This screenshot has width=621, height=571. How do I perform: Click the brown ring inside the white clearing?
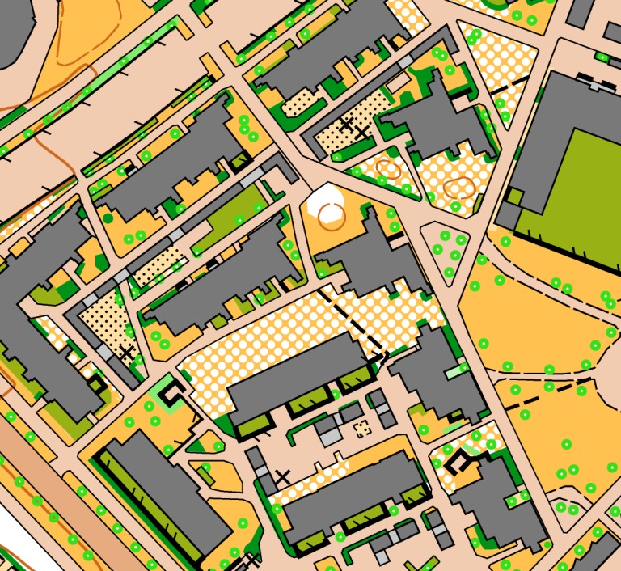330,214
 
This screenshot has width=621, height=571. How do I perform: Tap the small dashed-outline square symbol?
362,428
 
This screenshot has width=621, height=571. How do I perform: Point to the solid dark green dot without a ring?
108,218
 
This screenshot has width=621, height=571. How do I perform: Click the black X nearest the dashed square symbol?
281,476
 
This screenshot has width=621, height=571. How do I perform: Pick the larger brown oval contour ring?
458,188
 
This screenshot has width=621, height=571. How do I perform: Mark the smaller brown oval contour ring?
388,169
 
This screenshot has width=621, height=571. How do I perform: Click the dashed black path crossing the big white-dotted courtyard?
352,319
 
